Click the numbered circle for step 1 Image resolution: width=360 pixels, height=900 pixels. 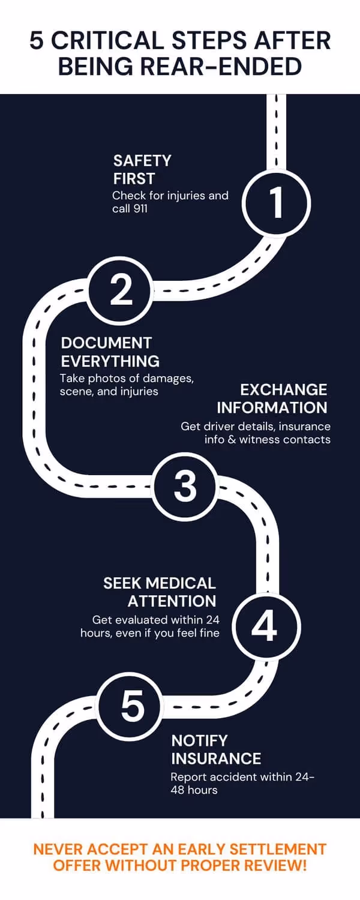[277, 202]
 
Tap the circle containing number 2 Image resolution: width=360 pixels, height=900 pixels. [121, 290]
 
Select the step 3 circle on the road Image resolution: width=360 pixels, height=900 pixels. [185, 486]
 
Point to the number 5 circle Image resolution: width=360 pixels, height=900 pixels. [132, 706]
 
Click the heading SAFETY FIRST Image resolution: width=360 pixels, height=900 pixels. [142, 169]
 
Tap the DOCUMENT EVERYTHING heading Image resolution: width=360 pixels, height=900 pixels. [110, 352]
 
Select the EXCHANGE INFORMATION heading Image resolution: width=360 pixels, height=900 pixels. [272, 398]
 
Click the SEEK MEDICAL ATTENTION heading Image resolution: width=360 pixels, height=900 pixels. [160, 592]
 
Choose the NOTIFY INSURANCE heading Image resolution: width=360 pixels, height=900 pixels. [216, 749]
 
